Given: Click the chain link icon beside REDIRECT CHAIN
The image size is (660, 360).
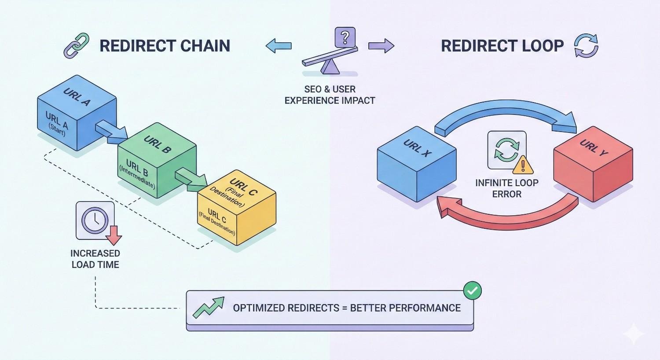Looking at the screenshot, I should point(77,46).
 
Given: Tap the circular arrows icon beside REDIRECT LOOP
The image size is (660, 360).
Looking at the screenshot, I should point(586,46).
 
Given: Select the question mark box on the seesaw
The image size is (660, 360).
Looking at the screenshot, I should point(345,37).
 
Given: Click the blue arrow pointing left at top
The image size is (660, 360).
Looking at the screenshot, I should point(279,45).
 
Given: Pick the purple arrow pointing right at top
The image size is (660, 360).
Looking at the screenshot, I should point(381,45).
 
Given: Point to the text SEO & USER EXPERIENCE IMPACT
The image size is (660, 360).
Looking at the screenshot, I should point(330,95).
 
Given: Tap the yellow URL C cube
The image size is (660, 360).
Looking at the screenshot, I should point(236,209).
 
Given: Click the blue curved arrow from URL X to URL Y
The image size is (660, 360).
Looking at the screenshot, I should point(506,113).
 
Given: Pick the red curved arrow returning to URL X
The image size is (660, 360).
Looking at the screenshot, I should point(506,214).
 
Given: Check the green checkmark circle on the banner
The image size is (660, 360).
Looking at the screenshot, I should point(473,291).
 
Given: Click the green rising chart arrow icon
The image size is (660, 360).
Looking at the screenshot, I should point(208,307).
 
